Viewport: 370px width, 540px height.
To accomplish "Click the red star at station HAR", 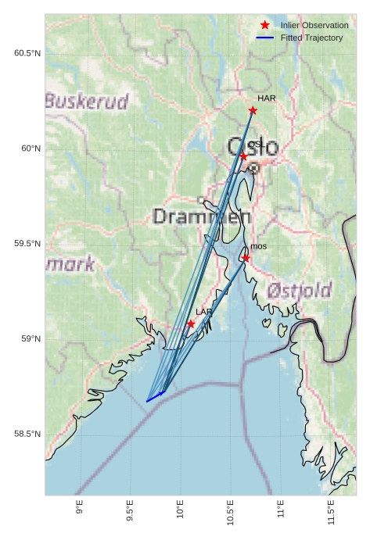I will [x=253, y=110].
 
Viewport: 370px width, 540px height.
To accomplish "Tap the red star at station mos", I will [x=246, y=258].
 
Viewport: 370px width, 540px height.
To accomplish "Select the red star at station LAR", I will [x=191, y=324].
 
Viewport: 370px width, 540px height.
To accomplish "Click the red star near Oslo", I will [x=243, y=156].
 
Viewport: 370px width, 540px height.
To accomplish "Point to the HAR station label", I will [x=267, y=98].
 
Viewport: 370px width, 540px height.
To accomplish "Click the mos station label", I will [x=258, y=246].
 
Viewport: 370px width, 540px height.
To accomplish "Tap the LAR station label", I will [x=203, y=312].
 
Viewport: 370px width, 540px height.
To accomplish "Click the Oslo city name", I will [x=253, y=146].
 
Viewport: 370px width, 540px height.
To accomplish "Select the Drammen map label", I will [x=202, y=216].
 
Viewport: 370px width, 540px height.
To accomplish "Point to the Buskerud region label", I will [x=86, y=101].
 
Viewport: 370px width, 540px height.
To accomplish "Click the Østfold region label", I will [x=299, y=291].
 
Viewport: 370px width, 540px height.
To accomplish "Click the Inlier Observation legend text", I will [x=314, y=26].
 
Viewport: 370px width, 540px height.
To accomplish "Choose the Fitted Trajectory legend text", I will [x=311, y=38].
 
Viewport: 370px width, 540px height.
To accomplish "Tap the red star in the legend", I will [x=265, y=26].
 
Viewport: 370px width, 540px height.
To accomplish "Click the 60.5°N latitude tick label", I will [x=27, y=53].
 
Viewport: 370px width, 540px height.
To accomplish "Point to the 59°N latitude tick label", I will [x=30, y=338].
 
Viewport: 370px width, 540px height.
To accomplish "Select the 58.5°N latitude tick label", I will [x=27, y=434].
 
